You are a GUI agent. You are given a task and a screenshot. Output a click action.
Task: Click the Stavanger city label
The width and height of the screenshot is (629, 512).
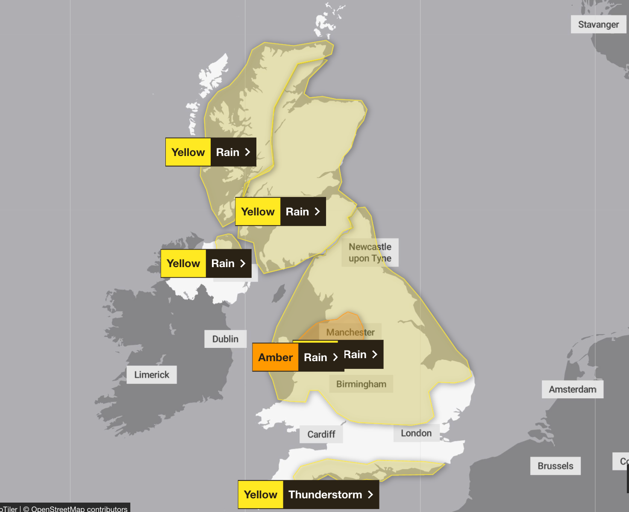click(598, 24)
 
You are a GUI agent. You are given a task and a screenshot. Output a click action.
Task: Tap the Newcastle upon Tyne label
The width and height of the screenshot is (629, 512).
click(370, 253)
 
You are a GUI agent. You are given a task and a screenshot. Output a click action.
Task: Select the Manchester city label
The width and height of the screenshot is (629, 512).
click(350, 332)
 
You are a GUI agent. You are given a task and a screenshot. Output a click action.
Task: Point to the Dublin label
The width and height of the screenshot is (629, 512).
click(225, 339)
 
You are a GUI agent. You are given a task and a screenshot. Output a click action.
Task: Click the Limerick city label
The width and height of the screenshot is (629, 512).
click(152, 375)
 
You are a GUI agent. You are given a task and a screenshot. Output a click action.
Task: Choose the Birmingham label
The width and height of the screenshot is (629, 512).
click(361, 384)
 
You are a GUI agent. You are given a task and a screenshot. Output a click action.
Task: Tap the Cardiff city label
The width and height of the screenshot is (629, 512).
click(321, 434)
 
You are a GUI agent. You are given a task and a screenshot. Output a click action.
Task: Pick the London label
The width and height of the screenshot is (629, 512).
click(416, 433)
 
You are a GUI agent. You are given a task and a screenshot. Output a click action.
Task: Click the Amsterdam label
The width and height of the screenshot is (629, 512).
click(573, 389)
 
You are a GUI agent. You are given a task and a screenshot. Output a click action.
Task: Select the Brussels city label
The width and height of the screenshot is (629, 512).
click(556, 466)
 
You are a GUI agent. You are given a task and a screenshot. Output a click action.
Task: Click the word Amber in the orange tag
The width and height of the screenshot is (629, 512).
click(276, 357)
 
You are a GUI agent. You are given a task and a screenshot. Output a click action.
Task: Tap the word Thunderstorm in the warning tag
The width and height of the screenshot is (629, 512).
click(325, 494)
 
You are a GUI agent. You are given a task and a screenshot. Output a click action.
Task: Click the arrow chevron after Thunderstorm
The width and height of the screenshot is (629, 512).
click(370, 494)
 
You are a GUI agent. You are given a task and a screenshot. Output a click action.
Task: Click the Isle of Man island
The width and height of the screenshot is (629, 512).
click(279, 294)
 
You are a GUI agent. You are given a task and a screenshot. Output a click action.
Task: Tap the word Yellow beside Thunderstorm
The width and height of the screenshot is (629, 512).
click(261, 494)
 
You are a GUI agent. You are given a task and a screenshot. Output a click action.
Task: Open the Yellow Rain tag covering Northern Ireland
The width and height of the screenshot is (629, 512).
click(206, 263)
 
